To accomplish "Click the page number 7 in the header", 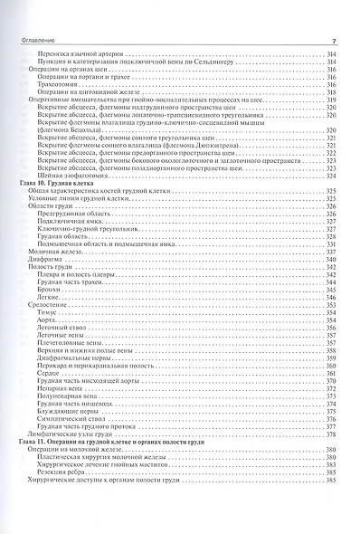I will pos(334,41).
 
